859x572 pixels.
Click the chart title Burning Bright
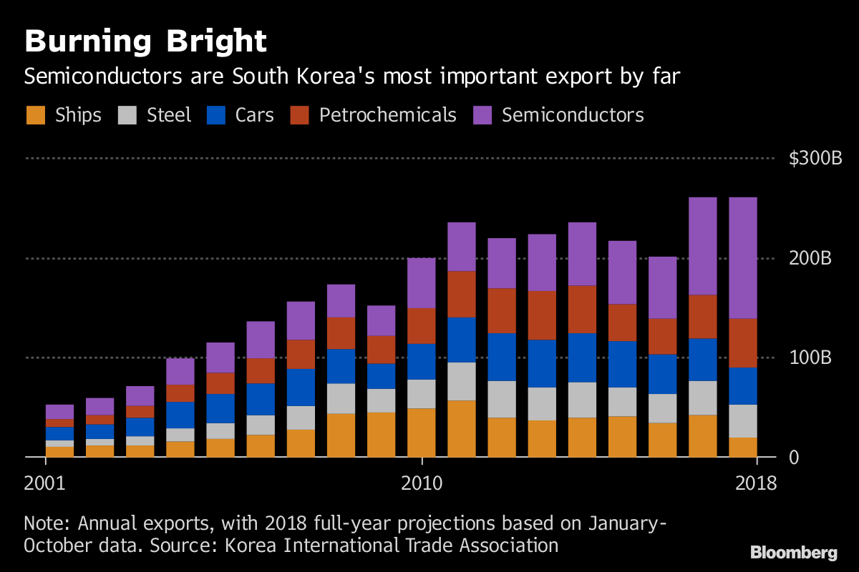click(145, 41)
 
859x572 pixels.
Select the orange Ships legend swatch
click(35, 115)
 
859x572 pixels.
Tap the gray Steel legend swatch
click(127, 115)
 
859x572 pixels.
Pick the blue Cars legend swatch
click(215, 115)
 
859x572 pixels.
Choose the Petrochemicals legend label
click(387, 115)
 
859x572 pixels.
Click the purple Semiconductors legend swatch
click(482, 115)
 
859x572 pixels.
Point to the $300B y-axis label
click(815, 158)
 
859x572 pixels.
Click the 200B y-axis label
click(811, 258)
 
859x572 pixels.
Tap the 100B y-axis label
click(811, 357)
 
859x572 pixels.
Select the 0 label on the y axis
click(794, 457)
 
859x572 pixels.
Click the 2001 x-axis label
click(44, 483)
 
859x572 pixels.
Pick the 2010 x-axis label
click(422, 483)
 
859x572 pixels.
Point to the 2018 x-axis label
click(755, 483)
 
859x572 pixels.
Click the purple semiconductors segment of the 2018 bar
click(742, 257)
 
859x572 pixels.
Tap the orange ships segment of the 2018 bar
click(742, 447)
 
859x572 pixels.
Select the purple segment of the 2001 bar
click(59, 411)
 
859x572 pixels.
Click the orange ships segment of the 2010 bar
click(422, 433)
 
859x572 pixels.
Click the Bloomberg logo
click(793, 552)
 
